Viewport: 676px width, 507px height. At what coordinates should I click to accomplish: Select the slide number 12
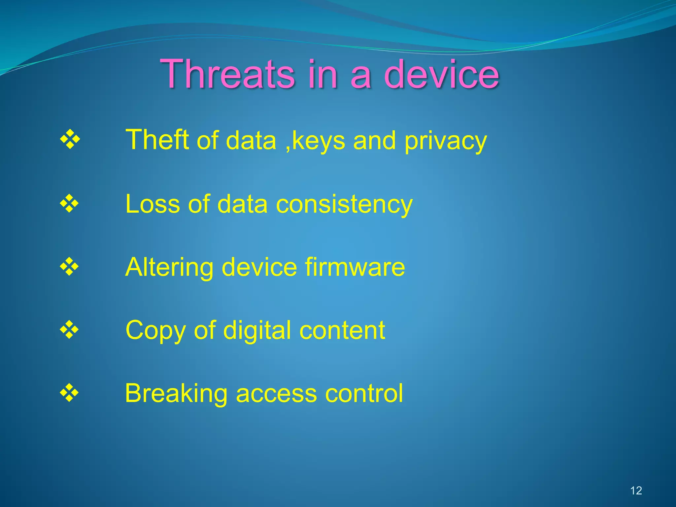pos(636,490)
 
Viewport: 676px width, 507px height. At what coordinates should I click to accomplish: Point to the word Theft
pos(157,140)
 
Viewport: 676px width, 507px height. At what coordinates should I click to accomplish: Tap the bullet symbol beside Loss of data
pos(69,203)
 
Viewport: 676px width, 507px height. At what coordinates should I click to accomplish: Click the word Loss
pos(152,204)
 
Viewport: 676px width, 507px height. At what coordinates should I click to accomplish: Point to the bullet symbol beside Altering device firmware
pos(69,266)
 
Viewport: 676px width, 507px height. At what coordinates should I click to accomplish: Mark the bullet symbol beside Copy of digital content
pos(69,329)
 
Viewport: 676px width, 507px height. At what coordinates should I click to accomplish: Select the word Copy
pos(155,331)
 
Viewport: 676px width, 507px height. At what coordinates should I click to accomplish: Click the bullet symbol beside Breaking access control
pos(69,393)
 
